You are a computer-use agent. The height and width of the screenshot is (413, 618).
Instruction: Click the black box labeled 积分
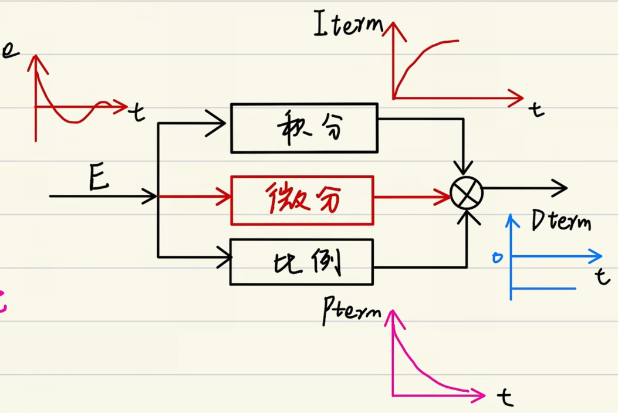(304, 128)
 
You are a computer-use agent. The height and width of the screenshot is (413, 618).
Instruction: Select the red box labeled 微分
(302, 200)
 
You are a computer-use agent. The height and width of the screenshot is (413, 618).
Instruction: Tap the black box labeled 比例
(302, 262)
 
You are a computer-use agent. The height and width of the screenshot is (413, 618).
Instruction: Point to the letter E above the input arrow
(99, 178)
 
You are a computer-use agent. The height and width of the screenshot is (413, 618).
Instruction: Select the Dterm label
(560, 222)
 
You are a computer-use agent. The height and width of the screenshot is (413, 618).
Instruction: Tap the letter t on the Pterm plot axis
(505, 398)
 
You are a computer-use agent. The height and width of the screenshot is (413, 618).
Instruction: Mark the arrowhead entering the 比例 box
(222, 256)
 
